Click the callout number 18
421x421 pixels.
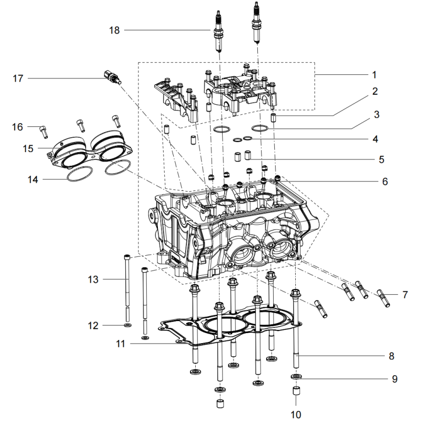coord(114,30)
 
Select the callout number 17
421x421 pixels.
coord(18,78)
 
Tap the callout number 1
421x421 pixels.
coord(374,74)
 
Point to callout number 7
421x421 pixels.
coord(405,295)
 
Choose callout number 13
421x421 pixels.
coord(93,279)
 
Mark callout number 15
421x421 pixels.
coord(28,149)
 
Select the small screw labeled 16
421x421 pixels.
coord(44,128)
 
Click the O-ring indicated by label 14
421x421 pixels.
coord(77,174)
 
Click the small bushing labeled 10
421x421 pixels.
coord(296,392)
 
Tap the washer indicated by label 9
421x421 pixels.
coord(296,377)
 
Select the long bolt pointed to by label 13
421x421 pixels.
coord(128,284)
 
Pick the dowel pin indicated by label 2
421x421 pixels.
coord(273,117)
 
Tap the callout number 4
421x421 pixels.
coord(375,139)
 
